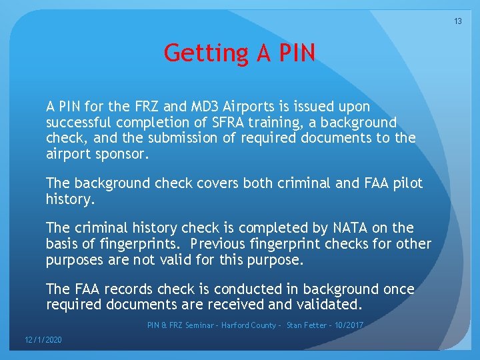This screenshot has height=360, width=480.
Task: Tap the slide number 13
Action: pyautogui.click(x=458, y=21)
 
